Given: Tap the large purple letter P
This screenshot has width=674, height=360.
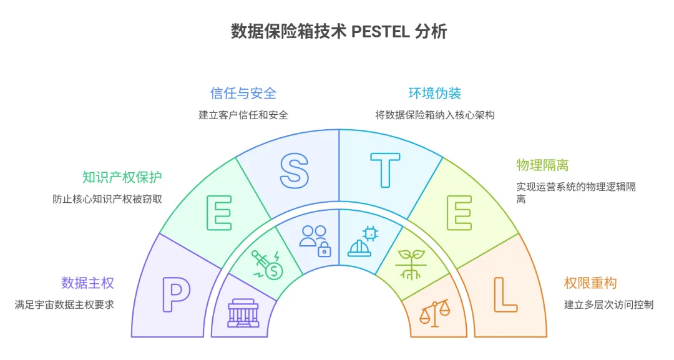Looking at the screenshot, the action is pos(176,294).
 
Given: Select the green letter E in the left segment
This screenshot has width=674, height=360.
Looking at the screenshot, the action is pos(219,213).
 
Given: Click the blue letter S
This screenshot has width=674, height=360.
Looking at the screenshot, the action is pos(293,170).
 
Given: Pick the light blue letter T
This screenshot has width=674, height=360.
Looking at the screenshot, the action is pos(384,170).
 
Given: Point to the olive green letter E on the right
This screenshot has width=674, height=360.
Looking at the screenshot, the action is pos(459,213).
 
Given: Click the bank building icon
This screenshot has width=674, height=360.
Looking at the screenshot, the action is pos(243,313).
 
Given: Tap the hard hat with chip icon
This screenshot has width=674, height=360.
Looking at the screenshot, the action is pos(363,241).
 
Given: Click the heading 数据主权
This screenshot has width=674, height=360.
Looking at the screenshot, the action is pos(87,283).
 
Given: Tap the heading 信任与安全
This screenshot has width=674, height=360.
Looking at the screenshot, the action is pos(243,94).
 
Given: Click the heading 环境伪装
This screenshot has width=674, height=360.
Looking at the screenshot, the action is pos(435,94).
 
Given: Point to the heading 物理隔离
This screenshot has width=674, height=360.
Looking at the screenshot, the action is pos(542,165).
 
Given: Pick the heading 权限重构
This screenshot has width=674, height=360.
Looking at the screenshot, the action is pos(590,283).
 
